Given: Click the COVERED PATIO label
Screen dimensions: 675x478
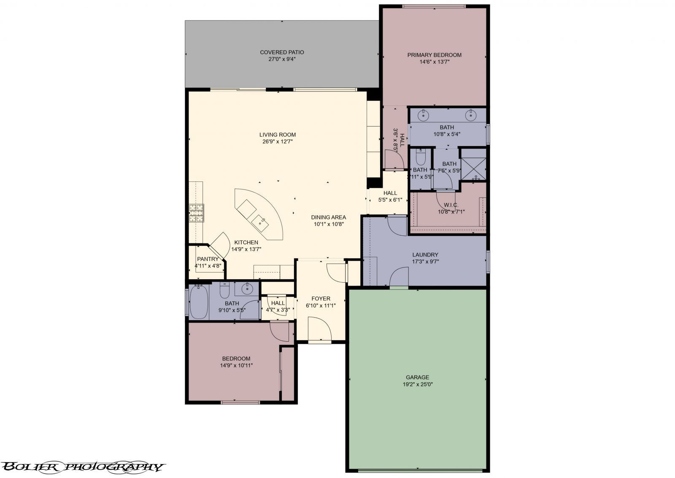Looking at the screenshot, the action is pos(282,52).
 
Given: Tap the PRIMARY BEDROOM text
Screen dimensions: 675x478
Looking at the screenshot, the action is pos(434,55).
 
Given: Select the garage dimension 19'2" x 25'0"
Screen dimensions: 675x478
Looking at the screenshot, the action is pos(418,384).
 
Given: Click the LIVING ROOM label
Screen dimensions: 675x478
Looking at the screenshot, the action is pos(278,135).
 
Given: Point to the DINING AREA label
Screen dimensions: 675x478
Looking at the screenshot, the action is pos(329,217).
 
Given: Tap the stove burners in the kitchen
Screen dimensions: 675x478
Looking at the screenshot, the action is pos(196,213).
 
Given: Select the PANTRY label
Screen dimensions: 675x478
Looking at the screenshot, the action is pos(208,259).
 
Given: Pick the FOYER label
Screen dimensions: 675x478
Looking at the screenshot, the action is pos(321,299).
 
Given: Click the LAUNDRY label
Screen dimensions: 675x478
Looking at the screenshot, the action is pos(425,255).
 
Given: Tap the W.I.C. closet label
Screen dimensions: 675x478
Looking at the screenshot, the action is pos(451,205).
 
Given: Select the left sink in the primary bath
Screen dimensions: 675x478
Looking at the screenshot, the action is pos(424,115).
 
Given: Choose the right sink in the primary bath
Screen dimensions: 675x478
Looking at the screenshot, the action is pos(470,115).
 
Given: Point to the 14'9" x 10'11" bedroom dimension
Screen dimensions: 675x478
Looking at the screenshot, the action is pos(236,366).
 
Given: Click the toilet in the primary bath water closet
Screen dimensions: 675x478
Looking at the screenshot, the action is pos(420,156).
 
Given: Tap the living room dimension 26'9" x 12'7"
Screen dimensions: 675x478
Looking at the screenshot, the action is pos(278,142).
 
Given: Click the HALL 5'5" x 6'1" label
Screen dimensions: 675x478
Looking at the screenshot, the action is pos(390,196).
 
